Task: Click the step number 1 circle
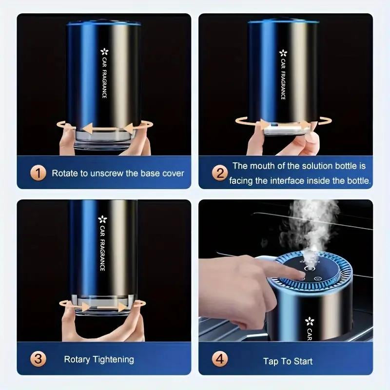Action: pyautogui.click(x=39, y=173)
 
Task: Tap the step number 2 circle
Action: pyautogui.click(x=220, y=173)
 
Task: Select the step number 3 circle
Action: pyautogui.click(x=39, y=359)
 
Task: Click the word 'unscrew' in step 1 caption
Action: pyautogui.click(x=106, y=173)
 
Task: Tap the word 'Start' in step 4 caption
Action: pyautogui.click(x=302, y=361)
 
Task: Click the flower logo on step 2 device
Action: pyautogui.click(x=283, y=53)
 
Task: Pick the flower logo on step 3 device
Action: pyautogui.click(x=102, y=219)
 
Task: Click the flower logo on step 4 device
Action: pyautogui.click(x=309, y=321)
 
